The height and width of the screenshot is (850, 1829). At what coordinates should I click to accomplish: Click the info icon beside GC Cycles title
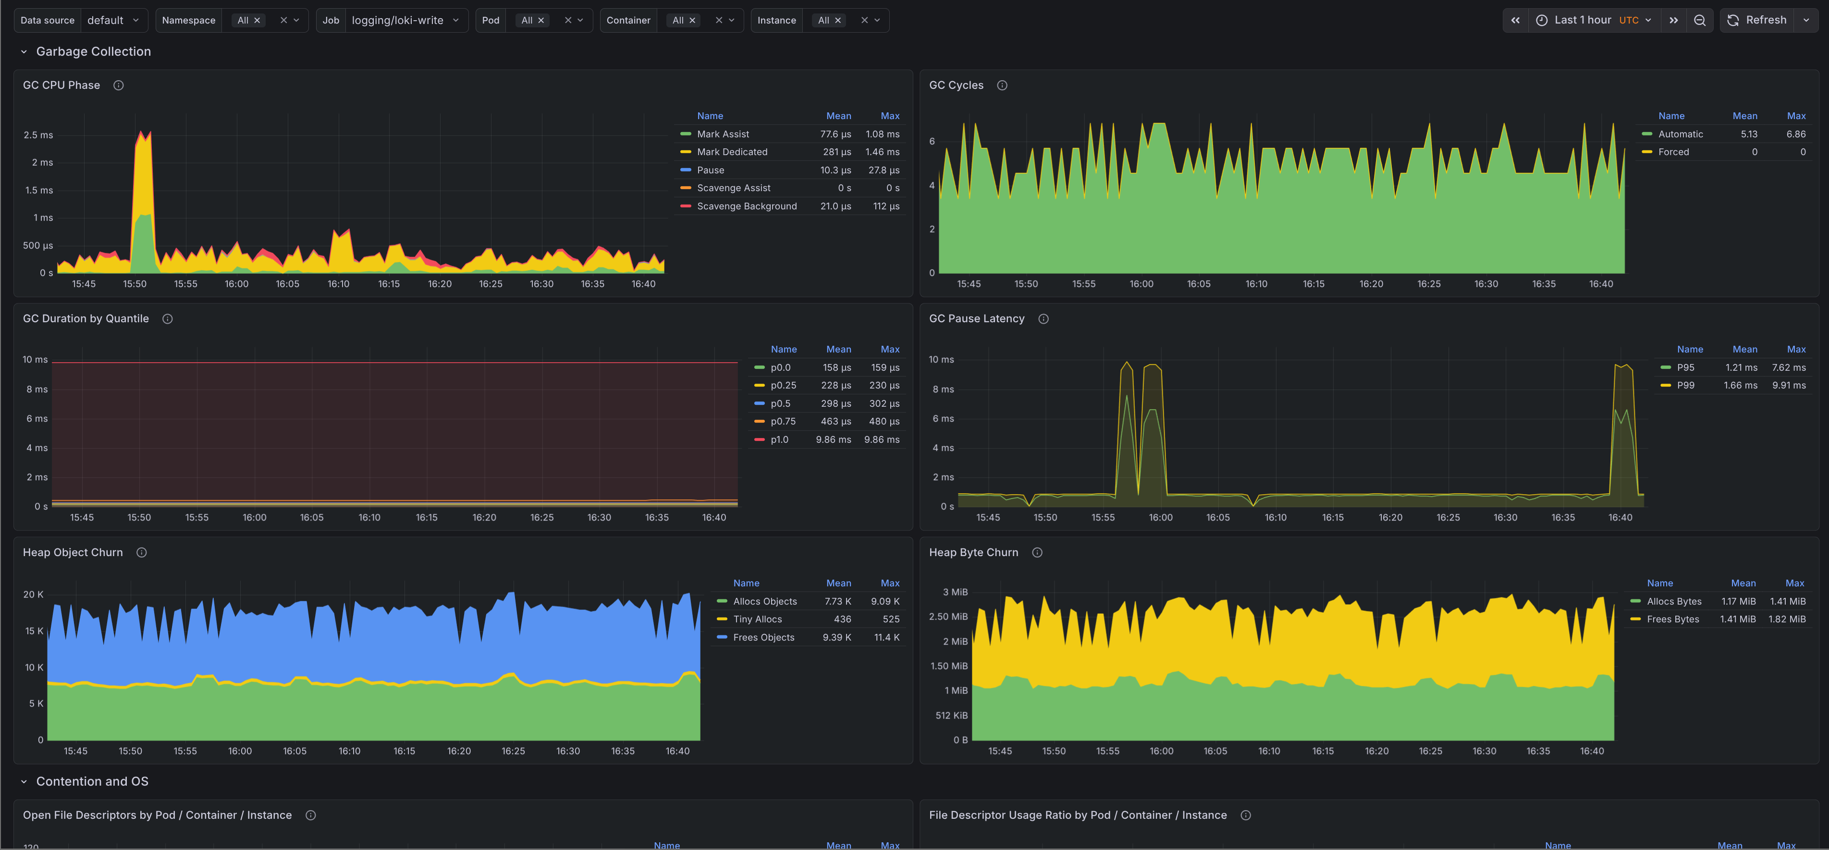click(x=1002, y=85)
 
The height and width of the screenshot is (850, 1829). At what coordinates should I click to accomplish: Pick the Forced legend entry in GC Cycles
click(x=1673, y=152)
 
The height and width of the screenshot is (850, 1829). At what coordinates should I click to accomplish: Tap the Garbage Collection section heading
click(x=93, y=51)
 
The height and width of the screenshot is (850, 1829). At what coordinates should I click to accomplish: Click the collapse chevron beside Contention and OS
click(x=24, y=781)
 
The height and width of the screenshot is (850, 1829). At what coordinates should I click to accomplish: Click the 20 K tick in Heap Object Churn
click(x=33, y=595)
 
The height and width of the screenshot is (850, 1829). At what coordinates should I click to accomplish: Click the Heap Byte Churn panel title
click(x=973, y=552)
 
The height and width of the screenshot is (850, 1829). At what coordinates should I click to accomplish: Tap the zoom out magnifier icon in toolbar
click(x=1699, y=20)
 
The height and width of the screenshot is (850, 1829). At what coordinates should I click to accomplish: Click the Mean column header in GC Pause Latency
click(x=1744, y=349)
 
